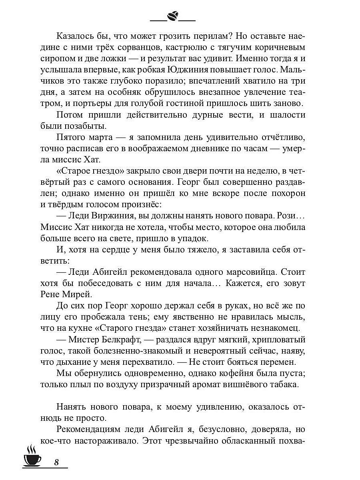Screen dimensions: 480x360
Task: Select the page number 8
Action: (56, 462)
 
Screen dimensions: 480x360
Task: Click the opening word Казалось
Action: (75, 35)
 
